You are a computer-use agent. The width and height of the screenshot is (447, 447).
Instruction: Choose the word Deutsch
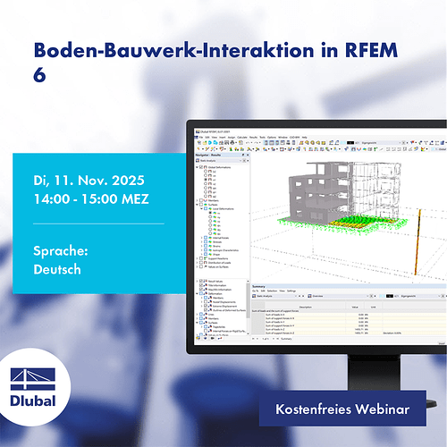coord(52,271)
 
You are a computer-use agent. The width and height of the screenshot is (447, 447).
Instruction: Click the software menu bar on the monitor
coord(268,136)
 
